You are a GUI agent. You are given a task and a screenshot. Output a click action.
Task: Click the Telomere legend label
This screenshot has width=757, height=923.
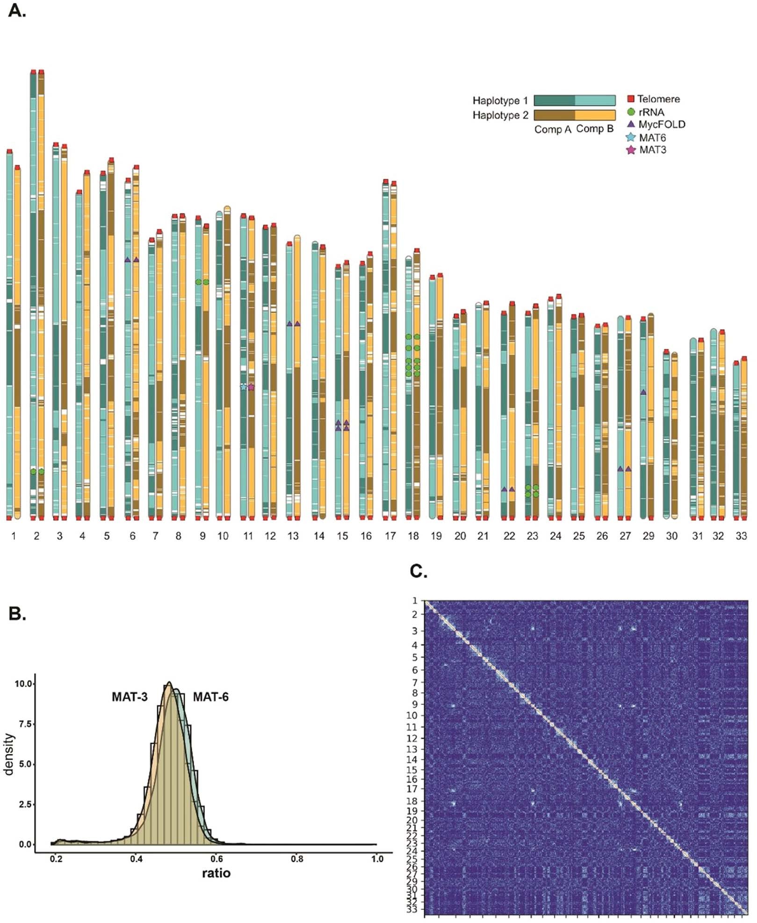click(x=658, y=99)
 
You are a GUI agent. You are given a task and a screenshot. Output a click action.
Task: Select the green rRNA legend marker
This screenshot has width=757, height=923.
click(x=631, y=112)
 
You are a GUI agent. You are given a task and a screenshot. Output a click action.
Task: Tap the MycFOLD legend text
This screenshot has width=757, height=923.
click(x=662, y=125)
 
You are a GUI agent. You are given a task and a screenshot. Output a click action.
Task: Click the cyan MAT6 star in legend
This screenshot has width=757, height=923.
click(x=631, y=138)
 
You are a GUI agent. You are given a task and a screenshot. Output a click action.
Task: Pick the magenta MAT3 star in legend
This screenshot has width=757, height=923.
click(x=631, y=150)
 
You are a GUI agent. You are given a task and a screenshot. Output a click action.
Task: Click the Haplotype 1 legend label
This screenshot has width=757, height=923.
click(x=500, y=101)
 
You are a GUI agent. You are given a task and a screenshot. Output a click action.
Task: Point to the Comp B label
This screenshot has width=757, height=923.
click(x=594, y=129)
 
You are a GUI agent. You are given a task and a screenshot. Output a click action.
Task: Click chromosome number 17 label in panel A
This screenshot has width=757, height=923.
click(x=390, y=536)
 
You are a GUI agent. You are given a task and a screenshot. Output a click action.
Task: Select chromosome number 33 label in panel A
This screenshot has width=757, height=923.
click(x=741, y=536)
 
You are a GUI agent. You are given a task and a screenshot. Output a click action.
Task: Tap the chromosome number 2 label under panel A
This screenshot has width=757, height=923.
click(x=36, y=536)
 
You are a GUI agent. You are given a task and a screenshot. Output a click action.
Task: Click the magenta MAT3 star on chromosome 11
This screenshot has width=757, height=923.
click(x=251, y=387)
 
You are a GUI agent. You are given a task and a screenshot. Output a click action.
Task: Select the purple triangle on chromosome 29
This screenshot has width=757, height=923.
click(x=643, y=392)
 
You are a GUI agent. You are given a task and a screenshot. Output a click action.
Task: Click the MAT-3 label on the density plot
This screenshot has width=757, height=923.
click(x=130, y=697)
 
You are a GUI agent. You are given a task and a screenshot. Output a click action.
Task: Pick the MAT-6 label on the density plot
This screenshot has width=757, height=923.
click(x=210, y=697)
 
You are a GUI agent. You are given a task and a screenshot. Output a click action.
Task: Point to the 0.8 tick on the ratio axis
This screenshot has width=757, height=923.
click(x=296, y=859)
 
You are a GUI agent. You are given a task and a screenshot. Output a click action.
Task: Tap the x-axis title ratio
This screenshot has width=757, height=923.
click(x=216, y=873)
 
